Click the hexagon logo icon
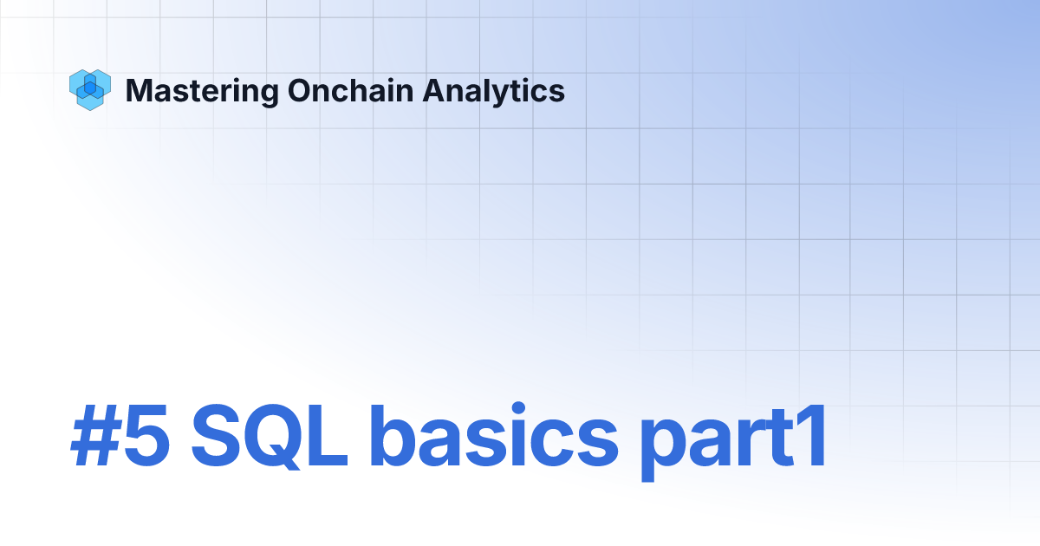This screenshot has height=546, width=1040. coord(90,89)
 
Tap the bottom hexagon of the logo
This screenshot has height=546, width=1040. coord(90,99)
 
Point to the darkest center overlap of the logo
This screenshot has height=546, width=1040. coord(89,88)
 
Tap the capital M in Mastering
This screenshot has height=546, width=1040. coord(137,90)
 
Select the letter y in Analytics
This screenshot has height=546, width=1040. coord(495,94)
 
